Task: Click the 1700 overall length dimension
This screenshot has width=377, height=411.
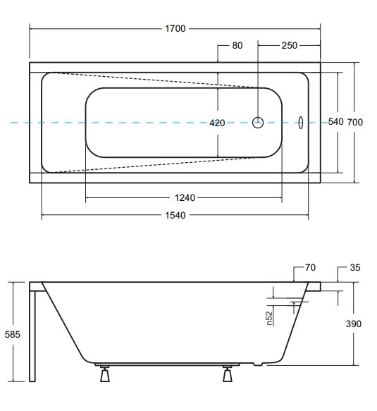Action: (175, 28)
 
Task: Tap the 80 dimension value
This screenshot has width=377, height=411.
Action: (237, 45)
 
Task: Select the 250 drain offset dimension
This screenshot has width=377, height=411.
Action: (289, 45)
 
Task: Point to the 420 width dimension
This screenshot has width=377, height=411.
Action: (217, 123)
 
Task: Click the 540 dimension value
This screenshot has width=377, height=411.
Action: (335, 122)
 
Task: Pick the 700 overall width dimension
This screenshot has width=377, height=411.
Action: (355, 122)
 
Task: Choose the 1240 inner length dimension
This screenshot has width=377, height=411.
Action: (185, 197)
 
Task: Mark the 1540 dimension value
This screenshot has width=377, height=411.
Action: (175, 215)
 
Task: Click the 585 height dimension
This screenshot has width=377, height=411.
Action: (12, 334)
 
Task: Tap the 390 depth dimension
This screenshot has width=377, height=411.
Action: (354, 324)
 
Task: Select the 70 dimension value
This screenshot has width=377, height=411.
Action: (310, 267)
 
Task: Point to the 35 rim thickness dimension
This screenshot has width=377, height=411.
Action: (355, 267)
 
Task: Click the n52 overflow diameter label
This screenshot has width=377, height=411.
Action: (269, 318)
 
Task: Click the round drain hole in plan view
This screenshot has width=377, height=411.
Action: (258, 123)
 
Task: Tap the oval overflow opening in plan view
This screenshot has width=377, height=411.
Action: (301, 123)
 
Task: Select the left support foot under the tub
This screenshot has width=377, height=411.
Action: (105, 374)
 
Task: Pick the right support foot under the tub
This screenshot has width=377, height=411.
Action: (228, 374)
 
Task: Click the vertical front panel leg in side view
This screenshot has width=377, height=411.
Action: (32, 336)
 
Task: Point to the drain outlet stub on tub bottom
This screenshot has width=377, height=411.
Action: (258, 364)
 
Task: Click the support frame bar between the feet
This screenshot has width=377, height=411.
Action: (167, 364)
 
